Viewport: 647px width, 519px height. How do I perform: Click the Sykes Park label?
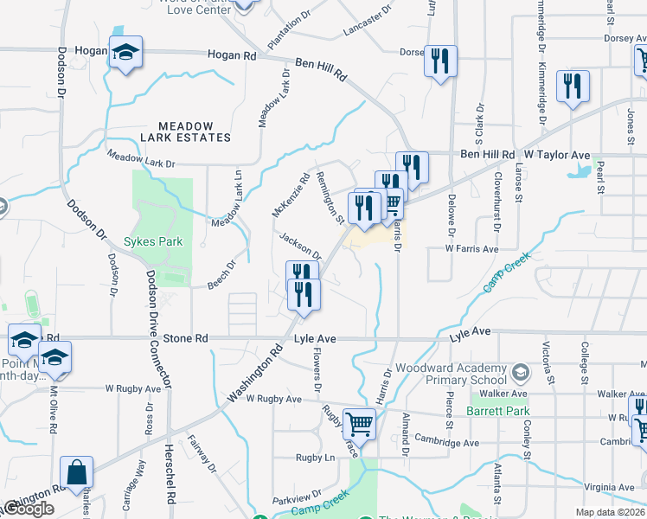point(153,241)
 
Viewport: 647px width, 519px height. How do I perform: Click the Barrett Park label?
point(497,410)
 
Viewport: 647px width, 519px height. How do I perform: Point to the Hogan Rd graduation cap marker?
point(125,54)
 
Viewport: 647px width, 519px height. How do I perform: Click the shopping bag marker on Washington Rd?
point(76,473)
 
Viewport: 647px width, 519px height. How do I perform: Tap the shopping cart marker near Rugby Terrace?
point(359,424)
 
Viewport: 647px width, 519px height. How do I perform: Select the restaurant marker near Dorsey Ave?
point(440,61)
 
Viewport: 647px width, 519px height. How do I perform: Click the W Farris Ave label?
point(472,249)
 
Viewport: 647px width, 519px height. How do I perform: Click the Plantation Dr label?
point(289,31)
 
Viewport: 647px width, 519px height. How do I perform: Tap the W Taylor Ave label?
point(557,155)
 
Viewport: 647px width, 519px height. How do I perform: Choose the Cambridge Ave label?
point(447,443)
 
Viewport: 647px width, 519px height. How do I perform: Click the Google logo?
point(28,509)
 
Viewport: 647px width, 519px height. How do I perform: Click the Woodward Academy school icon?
point(521,373)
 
